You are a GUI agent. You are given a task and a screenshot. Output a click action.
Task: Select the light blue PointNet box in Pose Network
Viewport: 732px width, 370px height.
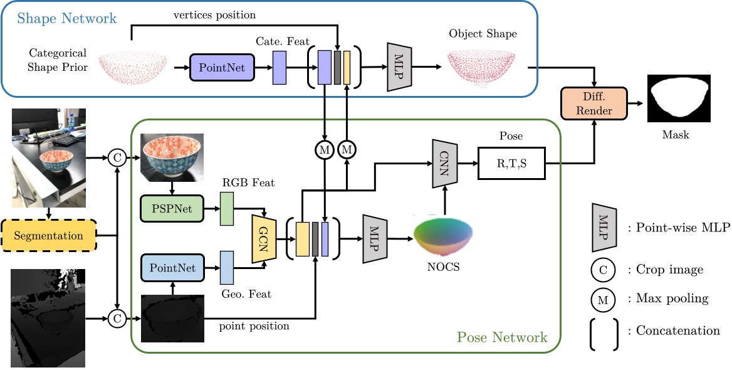(172, 267)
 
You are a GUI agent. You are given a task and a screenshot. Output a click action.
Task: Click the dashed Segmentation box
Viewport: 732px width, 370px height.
(50, 236)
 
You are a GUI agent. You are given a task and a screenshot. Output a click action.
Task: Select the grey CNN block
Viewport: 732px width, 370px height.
(444, 163)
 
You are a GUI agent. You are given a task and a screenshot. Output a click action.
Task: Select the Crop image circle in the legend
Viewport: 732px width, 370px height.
(603, 270)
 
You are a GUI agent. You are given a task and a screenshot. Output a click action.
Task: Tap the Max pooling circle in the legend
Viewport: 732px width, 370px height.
(603, 299)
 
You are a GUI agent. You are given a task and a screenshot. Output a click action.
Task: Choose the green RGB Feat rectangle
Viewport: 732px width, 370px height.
(226, 209)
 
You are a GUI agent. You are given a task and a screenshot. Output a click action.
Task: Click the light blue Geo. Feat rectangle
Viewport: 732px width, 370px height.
(226, 267)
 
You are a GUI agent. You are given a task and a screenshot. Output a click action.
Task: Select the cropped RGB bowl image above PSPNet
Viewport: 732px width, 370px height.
(172, 157)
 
